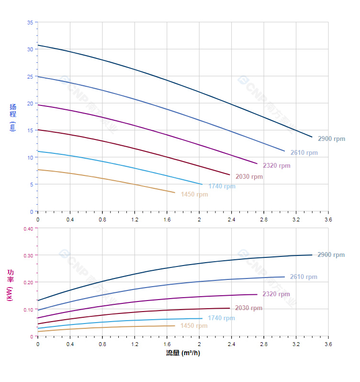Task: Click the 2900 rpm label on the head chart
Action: tap(331, 139)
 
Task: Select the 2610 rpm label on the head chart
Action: tap(304, 153)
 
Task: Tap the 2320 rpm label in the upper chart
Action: tap(276, 166)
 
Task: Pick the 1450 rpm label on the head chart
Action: tap(194, 195)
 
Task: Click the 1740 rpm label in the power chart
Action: tap(221, 318)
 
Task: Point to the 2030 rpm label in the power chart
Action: tap(248, 308)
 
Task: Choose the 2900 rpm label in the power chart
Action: tap(331, 255)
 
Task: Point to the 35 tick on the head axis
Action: tap(30, 23)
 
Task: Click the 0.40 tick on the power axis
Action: tap(28, 229)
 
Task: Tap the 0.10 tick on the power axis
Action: tap(28, 310)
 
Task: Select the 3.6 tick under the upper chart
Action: tap(328, 220)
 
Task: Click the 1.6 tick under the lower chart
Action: tap(167, 344)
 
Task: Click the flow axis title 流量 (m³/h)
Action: tap(183, 353)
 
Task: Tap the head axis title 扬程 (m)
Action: tap(13, 117)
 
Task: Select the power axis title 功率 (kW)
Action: tap(10, 285)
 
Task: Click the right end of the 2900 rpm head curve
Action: tap(312, 137)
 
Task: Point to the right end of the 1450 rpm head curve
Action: tap(175, 193)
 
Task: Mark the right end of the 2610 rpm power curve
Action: tap(285, 277)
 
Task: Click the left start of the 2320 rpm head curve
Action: tap(38, 104)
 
